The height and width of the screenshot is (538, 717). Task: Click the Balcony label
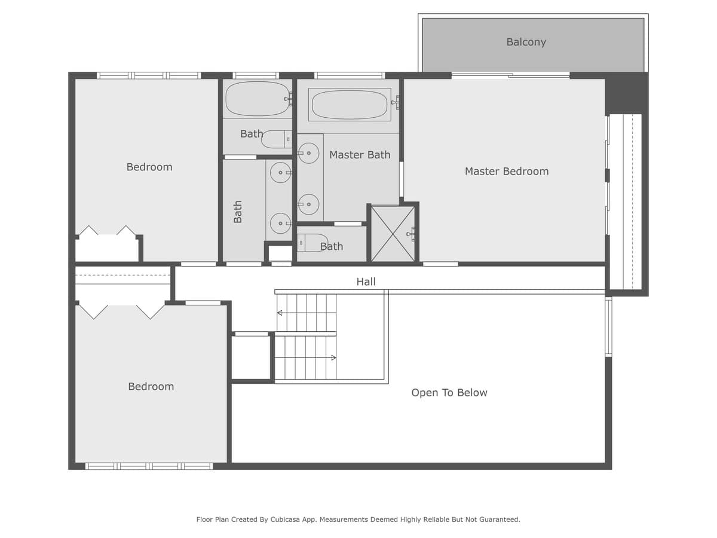(x=526, y=42)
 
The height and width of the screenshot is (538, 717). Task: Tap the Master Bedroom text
(x=507, y=172)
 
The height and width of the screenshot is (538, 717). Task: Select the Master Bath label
(x=360, y=155)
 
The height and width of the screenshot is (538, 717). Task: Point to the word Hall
(x=366, y=282)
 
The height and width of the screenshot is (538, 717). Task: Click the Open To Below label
(x=449, y=393)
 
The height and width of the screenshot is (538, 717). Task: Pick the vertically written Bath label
(x=238, y=212)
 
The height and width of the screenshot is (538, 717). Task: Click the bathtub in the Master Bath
(x=350, y=105)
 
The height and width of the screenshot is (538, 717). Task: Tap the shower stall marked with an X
(x=393, y=234)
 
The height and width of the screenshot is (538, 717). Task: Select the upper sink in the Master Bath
(x=308, y=153)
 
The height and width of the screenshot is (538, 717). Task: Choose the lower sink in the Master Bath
(x=308, y=204)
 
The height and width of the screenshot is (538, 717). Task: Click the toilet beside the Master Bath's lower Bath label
(x=312, y=243)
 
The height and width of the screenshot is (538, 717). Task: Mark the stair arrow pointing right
(x=332, y=357)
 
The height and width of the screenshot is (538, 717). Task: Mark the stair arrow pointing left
(x=280, y=313)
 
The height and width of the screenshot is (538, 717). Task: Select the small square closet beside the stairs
(x=251, y=357)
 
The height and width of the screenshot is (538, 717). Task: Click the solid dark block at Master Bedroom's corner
(x=626, y=93)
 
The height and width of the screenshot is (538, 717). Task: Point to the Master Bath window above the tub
(x=350, y=75)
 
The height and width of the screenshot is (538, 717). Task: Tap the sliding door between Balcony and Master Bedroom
(x=510, y=75)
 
